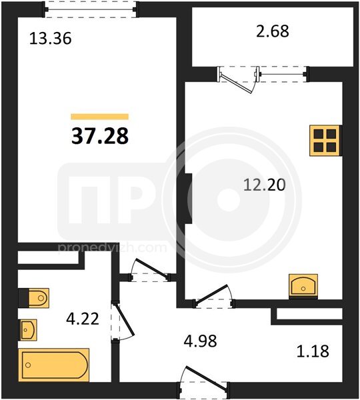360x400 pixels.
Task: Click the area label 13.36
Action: [50, 39]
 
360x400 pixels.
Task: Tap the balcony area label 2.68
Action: [273, 31]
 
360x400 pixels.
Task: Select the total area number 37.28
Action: [100, 136]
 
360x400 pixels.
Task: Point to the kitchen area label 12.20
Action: [264, 185]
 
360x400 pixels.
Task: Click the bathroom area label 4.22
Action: [83, 319]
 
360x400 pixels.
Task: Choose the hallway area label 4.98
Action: [200, 341]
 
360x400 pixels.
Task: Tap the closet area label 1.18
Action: [313, 351]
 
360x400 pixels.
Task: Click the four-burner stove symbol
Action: [325, 140]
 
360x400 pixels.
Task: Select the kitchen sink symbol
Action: [303, 286]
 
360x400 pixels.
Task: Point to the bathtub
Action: [54, 365]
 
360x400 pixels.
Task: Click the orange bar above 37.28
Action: [100, 117]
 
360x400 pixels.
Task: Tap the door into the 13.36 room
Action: [151, 268]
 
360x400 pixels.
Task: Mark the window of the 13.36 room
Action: [91, 9]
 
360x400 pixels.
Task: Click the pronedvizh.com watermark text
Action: [113, 247]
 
